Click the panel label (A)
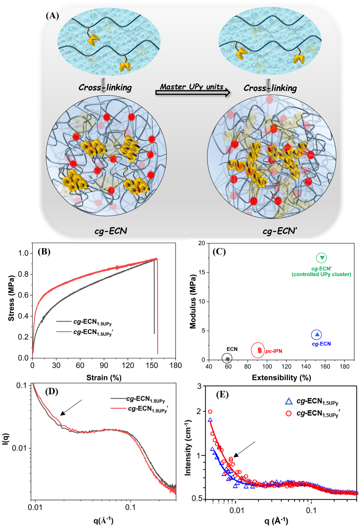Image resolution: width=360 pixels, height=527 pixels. (x=52, y=15)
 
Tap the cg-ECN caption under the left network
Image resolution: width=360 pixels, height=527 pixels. (x=111, y=231)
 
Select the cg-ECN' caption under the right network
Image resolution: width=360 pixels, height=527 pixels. (x=280, y=231)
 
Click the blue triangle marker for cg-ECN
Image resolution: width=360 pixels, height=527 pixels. (x=317, y=334)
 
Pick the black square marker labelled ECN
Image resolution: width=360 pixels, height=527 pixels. (x=227, y=359)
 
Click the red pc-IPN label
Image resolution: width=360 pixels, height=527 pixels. (x=274, y=351)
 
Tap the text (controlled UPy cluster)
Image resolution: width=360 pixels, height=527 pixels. (x=321, y=274)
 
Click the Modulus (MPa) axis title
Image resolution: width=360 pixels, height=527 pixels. (x=193, y=301)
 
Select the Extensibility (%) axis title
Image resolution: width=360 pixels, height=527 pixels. (x=281, y=377)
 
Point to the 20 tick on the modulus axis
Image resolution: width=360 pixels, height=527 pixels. (x=202, y=243)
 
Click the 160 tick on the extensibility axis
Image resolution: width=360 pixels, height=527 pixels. (x=325, y=366)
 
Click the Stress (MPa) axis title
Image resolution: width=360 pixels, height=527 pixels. (x=11, y=298)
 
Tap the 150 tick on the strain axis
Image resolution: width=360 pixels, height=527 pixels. (x=152, y=365)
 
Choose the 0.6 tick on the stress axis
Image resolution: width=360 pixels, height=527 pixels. (x=23, y=295)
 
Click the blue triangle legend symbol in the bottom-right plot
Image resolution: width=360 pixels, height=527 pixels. (x=289, y=401)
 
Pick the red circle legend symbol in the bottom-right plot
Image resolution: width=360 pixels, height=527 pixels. (x=289, y=413)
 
